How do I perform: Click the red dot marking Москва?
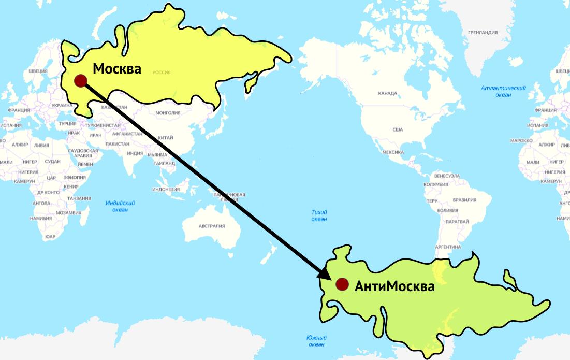tap(80, 80)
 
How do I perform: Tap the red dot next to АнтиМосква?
tap(342, 284)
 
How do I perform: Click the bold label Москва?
tap(116, 68)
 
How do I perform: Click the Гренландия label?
tap(482, 32)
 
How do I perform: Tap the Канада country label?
tap(387, 94)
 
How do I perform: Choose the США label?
tap(398, 129)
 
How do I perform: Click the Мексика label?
tap(392, 152)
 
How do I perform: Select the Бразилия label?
tap(464, 200)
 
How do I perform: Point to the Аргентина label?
tap(448, 248)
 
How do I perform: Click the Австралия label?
tap(212, 226)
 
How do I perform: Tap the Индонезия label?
tap(166, 190)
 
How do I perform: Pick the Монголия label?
tap(168, 113)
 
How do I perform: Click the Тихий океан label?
tap(319, 215)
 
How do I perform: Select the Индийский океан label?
tap(120, 206)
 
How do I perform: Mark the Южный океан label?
tap(316, 341)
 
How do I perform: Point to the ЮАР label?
tap(50, 236)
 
